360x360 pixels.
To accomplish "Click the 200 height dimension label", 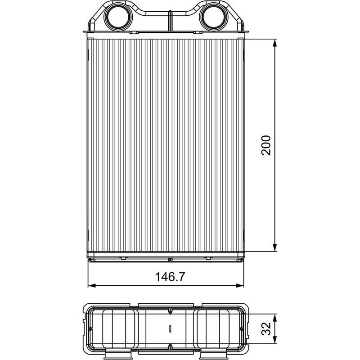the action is (266, 145).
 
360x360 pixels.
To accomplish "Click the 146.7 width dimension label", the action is (170, 277).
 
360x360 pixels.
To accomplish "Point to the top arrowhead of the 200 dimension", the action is (275, 43).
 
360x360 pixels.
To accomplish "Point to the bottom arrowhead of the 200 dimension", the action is (275, 247).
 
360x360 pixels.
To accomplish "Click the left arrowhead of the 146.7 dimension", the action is (92, 285).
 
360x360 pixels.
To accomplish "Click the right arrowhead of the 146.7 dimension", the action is (240, 285).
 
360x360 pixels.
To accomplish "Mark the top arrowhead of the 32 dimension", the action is (275, 318).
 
